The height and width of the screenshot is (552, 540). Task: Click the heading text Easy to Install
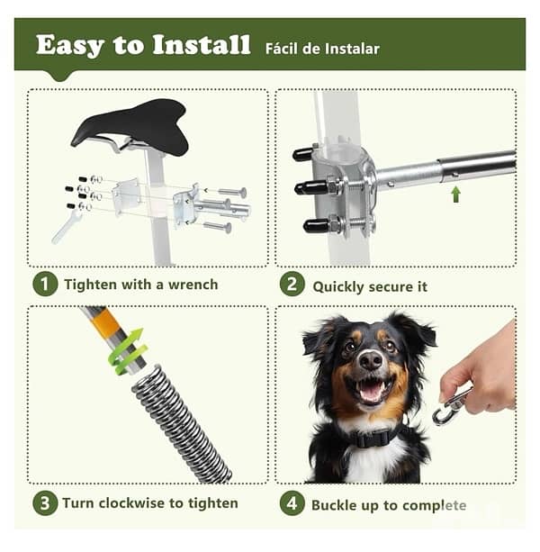tap(143, 45)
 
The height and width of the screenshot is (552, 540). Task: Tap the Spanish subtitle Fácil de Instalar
tap(322, 48)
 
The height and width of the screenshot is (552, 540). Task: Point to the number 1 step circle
tap(45, 285)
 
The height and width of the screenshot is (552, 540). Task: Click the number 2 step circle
tap(292, 285)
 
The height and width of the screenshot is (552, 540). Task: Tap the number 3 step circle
tap(45, 502)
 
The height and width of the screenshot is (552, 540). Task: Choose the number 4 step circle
tap(292, 502)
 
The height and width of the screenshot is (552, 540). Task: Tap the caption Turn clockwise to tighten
tap(150, 502)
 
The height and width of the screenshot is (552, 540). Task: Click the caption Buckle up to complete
tap(389, 504)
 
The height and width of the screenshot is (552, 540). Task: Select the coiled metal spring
tap(180, 423)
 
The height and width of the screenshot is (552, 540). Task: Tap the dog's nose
tap(370, 360)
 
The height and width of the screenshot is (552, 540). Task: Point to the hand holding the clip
tap(486, 369)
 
